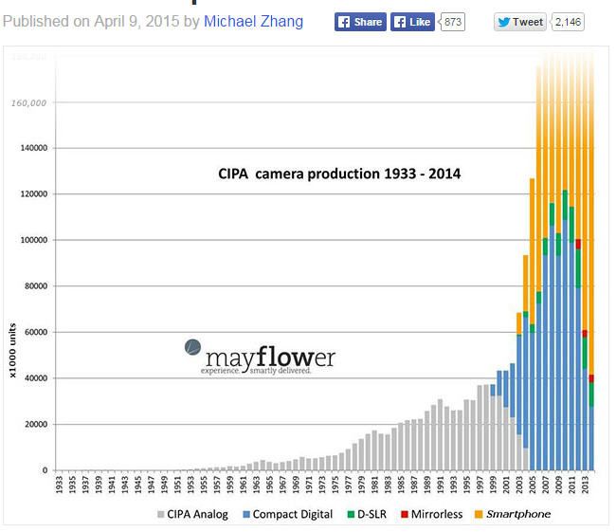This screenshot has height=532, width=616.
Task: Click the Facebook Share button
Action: click(x=360, y=22)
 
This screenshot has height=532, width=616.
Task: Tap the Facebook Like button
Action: click(x=412, y=22)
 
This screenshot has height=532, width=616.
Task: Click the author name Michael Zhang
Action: click(x=253, y=21)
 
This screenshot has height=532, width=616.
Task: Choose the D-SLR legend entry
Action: click(x=371, y=514)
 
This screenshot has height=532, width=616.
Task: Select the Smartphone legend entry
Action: click(x=512, y=514)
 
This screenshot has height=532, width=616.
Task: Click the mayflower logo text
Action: click(x=267, y=358)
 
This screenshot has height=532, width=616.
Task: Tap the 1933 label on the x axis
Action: click(x=59, y=486)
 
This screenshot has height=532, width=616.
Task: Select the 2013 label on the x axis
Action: click(x=588, y=486)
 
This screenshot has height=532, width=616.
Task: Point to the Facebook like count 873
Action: click(x=453, y=22)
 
